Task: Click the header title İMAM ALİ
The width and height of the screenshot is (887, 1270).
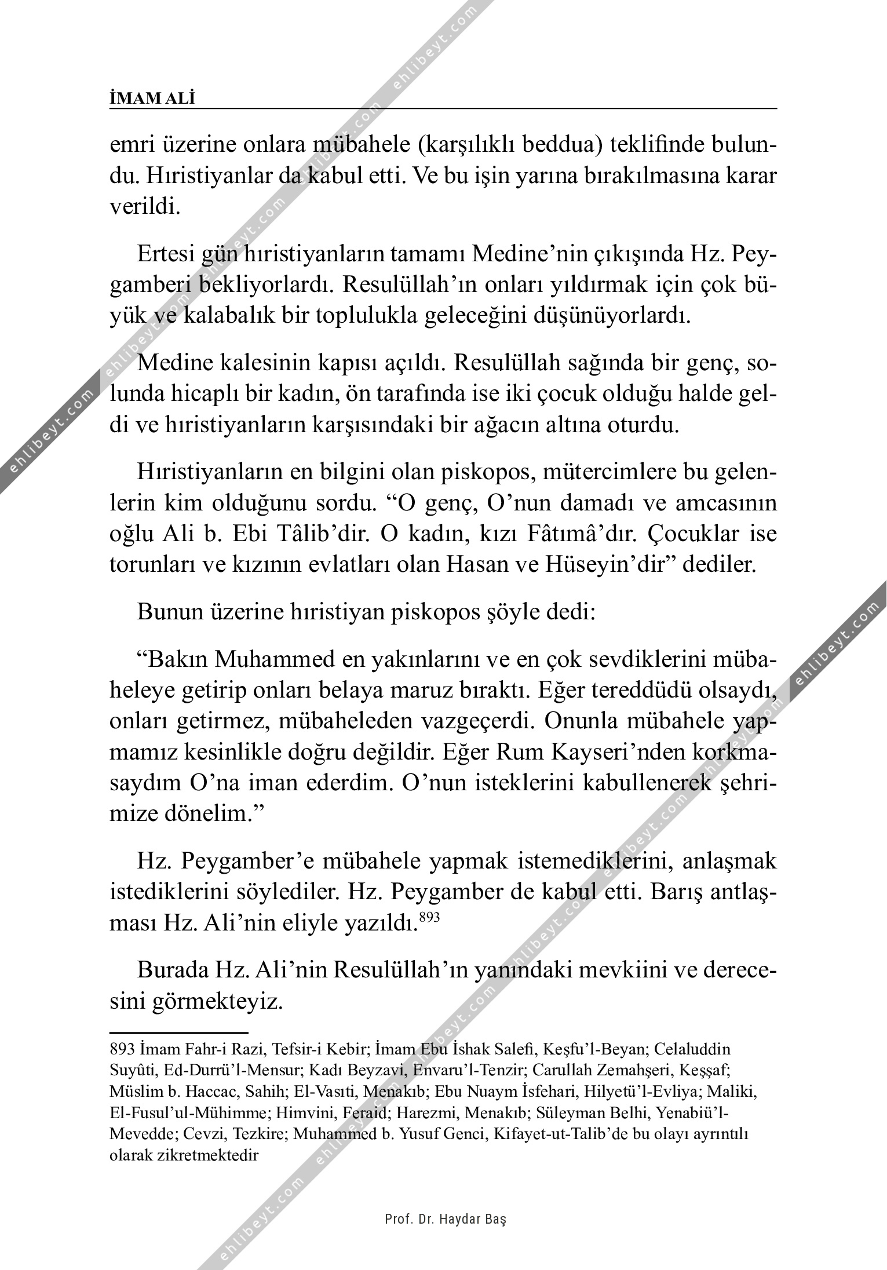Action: pos(152,99)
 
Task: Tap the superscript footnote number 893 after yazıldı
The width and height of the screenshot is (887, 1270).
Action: pos(429,917)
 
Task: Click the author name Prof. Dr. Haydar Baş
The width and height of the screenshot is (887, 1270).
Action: pos(446,1220)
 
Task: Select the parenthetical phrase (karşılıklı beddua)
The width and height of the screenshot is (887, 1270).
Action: pos(510,145)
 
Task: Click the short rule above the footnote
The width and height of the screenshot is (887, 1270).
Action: pos(178,1032)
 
